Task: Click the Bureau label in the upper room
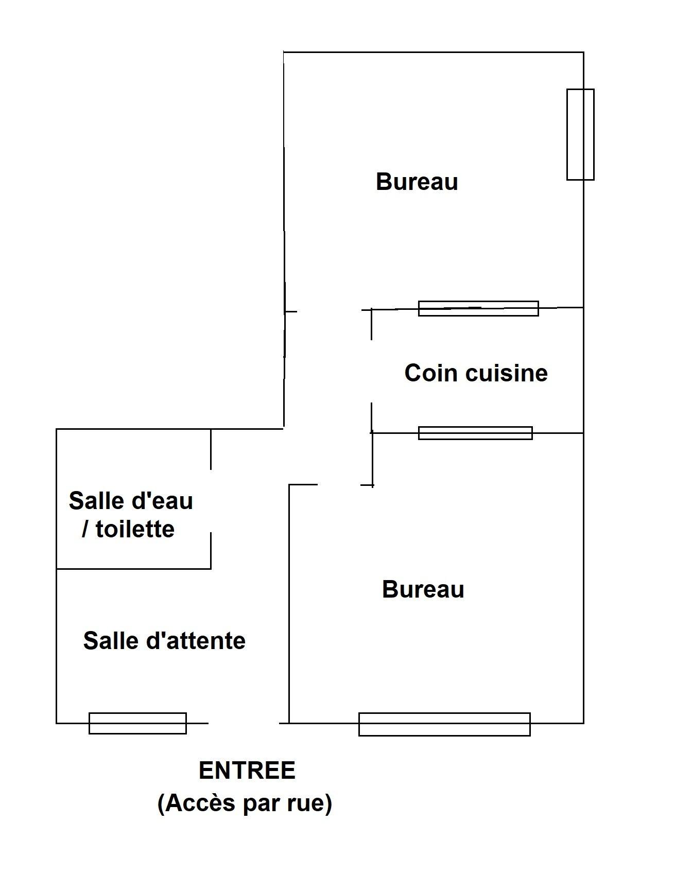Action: click(x=417, y=182)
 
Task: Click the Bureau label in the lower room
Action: click(x=423, y=589)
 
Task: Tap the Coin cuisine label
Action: click(x=476, y=373)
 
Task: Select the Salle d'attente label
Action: click(x=164, y=641)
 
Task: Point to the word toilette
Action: click(x=135, y=529)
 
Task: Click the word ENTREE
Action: click(x=247, y=771)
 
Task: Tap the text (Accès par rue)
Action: click(x=245, y=803)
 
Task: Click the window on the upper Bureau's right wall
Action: click(x=580, y=134)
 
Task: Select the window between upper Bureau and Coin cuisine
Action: click(x=478, y=308)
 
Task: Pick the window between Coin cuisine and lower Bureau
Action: click(x=475, y=433)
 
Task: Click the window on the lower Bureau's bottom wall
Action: click(x=444, y=724)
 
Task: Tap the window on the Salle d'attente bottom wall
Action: click(x=137, y=723)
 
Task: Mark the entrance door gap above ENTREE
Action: click(x=244, y=723)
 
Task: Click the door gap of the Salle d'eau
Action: click(x=211, y=501)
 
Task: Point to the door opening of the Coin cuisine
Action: click(x=371, y=371)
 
